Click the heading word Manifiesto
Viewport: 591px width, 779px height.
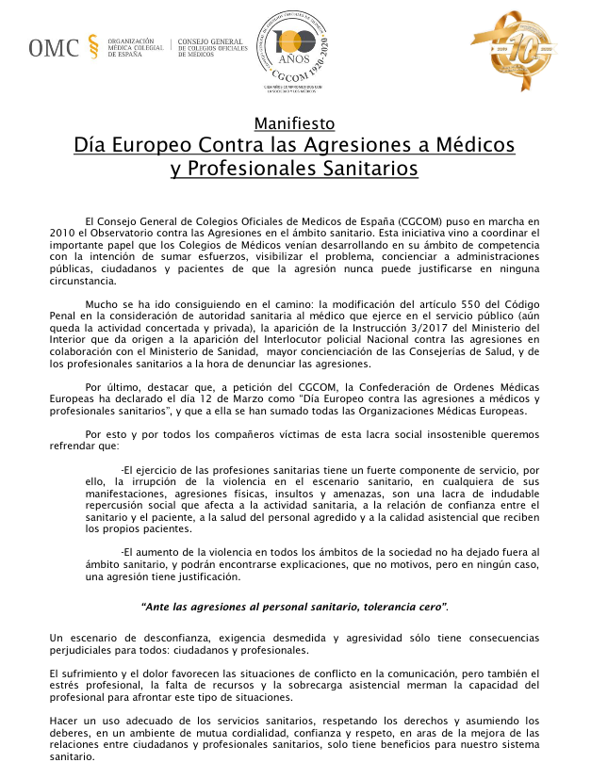pyautogui.click(x=294, y=123)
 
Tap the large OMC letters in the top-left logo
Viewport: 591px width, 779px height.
pyautogui.click(x=54, y=48)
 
